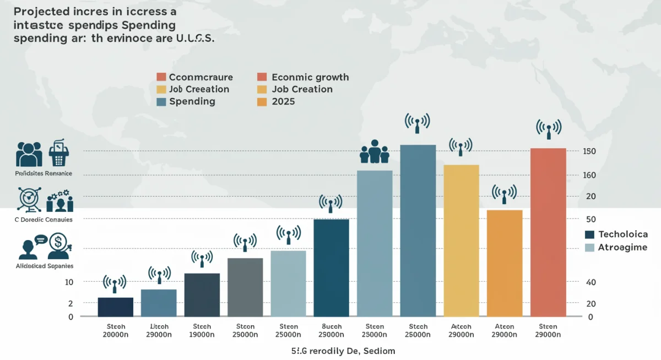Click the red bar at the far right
[x=548, y=231]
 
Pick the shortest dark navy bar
[x=116, y=307]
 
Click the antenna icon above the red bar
[x=549, y=127]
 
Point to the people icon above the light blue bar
[x=375, y=151]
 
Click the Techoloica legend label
[x=622, y=234]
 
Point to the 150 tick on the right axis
[x=589, y=151]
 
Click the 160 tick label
[x=589, y=175]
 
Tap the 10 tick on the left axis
[x=69, y=282]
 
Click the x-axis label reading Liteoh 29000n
[x=159, y=330]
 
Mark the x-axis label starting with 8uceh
[x=332, y=330]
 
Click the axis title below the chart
[x=335, y=351]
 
